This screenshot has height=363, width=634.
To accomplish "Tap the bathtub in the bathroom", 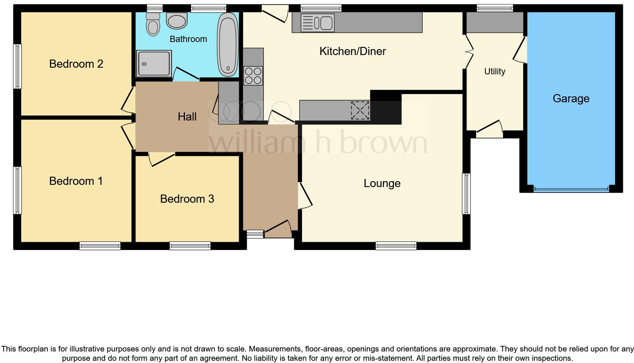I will [x=228, y=45].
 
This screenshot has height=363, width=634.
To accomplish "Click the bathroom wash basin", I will [x=177, y=21].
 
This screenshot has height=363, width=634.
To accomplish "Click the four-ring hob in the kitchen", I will [x=253, y=76].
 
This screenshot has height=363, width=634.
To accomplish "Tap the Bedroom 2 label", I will [x=76, y=64].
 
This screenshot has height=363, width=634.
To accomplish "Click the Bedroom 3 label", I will [x=187, y=199].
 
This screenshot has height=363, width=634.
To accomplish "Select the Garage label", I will [x=571, y=99].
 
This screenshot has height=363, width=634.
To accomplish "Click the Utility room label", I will [x=494, y=71].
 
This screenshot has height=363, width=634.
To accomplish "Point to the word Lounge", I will [x=382, y=183].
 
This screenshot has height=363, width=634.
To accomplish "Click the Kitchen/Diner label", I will [x=352, y=51].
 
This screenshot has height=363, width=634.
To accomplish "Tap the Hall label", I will [x=187, y=117].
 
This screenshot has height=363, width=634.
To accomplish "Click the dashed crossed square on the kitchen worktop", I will [x=360, y=110].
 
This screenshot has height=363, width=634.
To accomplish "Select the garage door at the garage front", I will [x=571, y=189].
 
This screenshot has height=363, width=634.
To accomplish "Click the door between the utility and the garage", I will [x=520, y=50].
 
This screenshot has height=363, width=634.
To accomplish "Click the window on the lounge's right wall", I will [x=466, y=194].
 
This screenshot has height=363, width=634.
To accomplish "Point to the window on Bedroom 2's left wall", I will [x=17, y=66].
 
